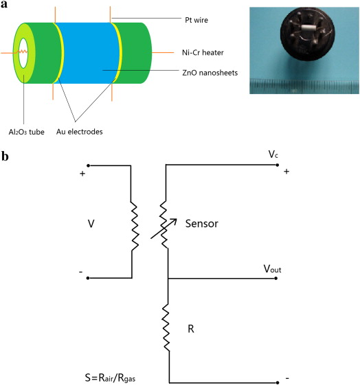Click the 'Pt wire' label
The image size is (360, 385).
[196, 20]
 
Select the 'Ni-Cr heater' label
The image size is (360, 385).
[203, 53]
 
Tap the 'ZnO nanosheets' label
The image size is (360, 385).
[210, 73]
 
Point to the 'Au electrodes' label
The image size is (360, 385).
[80, 132]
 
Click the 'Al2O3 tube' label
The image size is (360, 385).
[27, 132]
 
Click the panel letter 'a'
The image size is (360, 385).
[4, 4]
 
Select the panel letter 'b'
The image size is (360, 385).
[5, 156]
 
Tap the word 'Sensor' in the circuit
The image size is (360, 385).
[201, 224]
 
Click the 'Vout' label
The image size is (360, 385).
[272, 269]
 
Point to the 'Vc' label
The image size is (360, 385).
[273, 154]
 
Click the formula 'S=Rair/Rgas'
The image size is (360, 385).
[110, 377]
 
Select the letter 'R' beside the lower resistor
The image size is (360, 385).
[191, 329]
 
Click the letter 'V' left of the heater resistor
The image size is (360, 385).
[91, 224]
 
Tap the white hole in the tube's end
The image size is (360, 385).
[23, 53]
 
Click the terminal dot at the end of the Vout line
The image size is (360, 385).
[276, 278]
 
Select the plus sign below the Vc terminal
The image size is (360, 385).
[286, 172]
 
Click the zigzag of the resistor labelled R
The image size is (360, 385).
[166, 327]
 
